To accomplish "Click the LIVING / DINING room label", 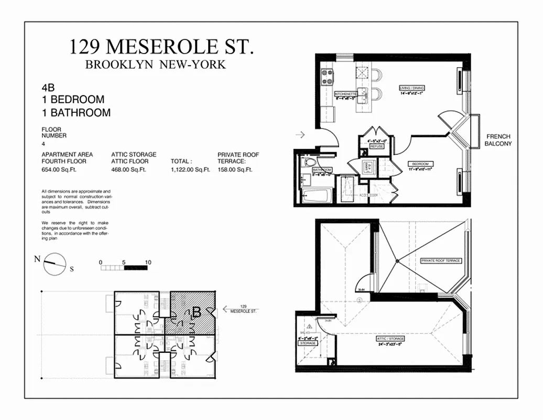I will [x=411, y=88].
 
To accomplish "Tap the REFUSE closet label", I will [x=376, y=146].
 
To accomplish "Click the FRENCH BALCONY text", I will [x=498, y=140].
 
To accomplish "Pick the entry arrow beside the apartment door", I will [x=300, y=135].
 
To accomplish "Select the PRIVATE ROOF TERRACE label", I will [x=441, y=260].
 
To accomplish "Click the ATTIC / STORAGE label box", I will [x=390, y=339].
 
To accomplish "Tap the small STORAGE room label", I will [x=308, y=343].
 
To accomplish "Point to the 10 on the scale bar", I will [x=148, y=262].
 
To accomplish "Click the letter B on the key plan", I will [x=197, y=312].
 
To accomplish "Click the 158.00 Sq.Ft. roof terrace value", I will [x=235, y=169].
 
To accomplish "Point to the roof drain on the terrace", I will [x=398, y=261].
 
